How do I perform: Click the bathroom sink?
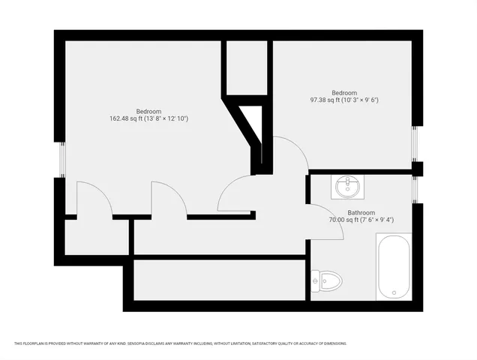(347, 187)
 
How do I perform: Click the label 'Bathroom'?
(361, 212)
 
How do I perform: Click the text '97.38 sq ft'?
(326, 100)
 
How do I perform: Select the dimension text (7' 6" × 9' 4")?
(376, 220)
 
